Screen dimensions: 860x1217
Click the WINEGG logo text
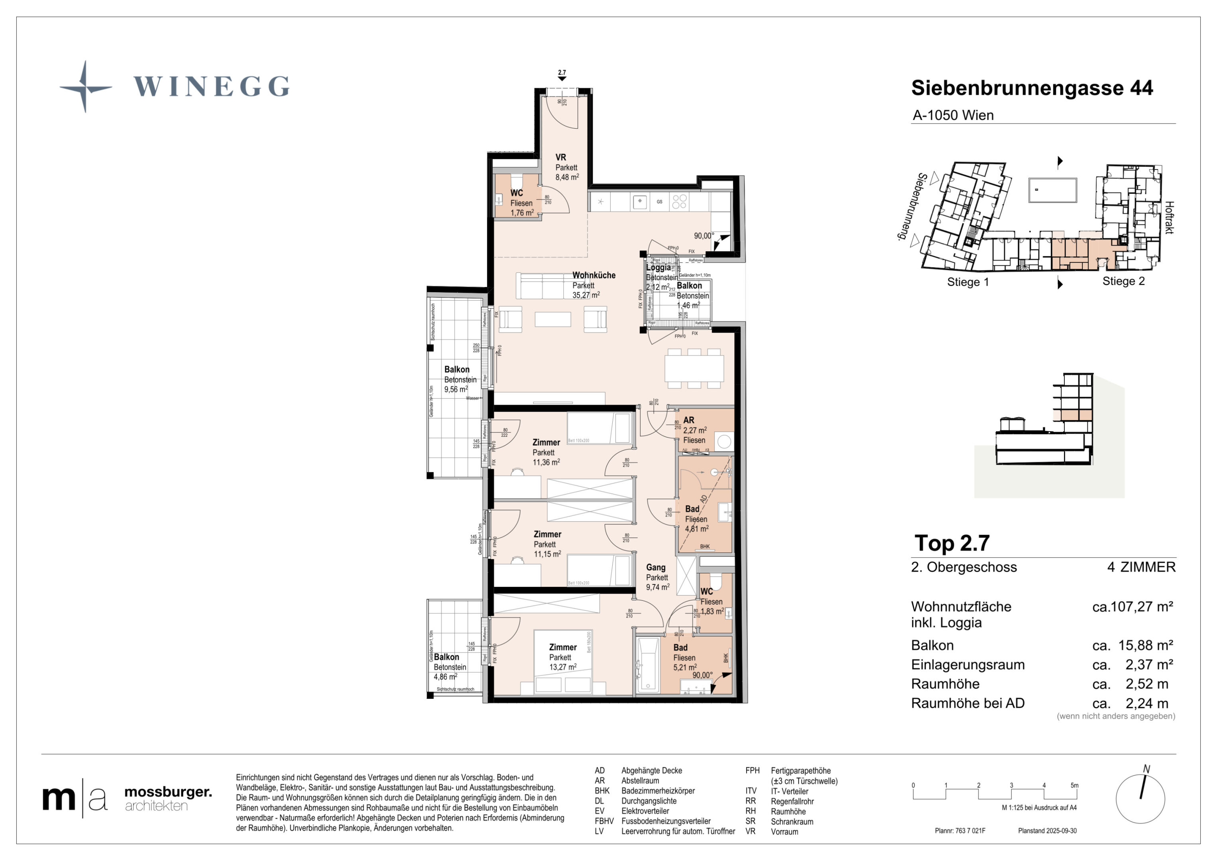point(211,86)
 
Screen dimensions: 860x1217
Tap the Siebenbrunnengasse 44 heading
point(1031,88)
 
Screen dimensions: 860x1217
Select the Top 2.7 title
point(952,543)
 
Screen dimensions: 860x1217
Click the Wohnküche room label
point(594,276)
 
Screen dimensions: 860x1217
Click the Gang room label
point(656,567)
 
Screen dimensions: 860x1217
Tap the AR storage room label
point(688,420)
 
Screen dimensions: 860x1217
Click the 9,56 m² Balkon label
point(457,379)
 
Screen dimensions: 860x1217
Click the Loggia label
point(658,268)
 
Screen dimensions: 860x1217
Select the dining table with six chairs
point(694,369)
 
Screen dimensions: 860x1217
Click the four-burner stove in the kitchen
point(680,201)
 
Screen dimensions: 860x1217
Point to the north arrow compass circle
point(1140,799)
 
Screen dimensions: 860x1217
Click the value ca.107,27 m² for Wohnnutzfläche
point(1132,607)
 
